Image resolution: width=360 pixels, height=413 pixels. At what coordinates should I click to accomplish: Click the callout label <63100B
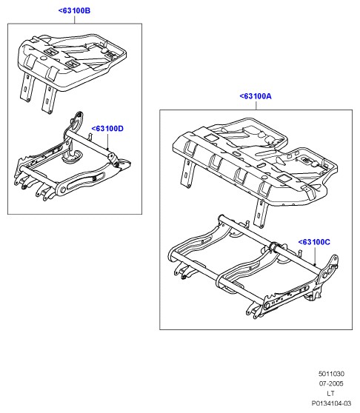pos(74,11)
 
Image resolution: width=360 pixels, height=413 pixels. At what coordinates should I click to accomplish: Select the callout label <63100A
pos(256,96)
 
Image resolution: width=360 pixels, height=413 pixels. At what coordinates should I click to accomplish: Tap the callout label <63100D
pos(107,129)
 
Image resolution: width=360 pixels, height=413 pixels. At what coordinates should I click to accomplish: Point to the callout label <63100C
pos(314,242)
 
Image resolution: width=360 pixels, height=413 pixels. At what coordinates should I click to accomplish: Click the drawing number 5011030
pos(331,374)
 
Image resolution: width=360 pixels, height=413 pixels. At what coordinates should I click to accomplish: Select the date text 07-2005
pos(331,383)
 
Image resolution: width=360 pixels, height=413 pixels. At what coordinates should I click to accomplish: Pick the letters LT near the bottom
pos(331,393)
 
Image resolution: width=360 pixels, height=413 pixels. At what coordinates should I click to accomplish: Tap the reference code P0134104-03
pos(331,403)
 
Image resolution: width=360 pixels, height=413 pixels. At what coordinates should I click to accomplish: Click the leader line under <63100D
pos(107,141)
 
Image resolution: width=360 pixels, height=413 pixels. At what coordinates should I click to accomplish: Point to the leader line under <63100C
pos(315,256)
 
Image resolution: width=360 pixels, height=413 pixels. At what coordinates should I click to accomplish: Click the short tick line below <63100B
pos(75,19)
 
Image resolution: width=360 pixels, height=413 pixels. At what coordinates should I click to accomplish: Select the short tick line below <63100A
pos(256,105)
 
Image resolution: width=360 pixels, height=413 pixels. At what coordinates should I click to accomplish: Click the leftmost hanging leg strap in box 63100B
pos(27,87)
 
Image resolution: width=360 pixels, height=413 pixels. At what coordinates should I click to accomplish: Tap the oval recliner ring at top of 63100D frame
pos(77,121)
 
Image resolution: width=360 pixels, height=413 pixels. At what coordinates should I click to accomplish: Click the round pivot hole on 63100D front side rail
pos(63,190)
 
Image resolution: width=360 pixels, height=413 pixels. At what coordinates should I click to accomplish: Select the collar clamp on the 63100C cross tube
pos(273,247)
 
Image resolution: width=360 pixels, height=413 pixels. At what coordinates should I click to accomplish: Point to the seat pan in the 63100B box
pos(72,61)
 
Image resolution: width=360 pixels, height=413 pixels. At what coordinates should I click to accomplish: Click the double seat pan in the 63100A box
pos(255,161)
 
